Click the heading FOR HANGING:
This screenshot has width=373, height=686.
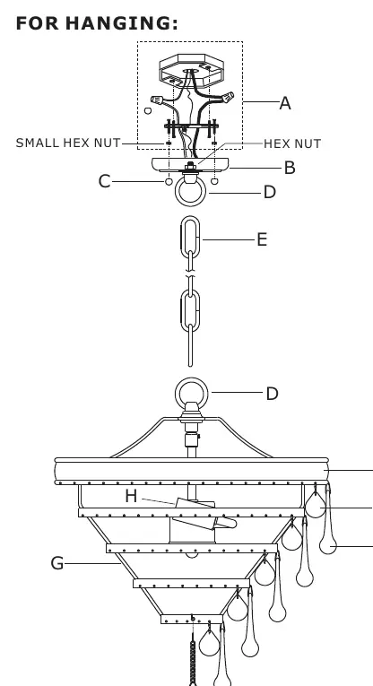pos(97,23)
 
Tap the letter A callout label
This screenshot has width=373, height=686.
pos(284,103)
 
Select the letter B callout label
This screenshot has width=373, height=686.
pos(290,168)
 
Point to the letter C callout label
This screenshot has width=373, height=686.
pos(104,181)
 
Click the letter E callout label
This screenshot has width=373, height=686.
pos(262,239)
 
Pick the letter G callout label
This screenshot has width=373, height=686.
pos(56,563)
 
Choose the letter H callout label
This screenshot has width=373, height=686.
pos(131,496)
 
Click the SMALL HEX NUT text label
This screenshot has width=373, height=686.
pos(68,143)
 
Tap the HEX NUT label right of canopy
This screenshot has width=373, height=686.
pos(292,144)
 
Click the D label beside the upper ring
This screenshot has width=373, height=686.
pos(270,192)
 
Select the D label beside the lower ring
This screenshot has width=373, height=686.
pos(272,394)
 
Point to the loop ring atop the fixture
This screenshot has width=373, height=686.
pos(191,379)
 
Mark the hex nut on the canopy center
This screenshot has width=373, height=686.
pos(190,166)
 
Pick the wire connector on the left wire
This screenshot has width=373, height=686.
pos(158,100)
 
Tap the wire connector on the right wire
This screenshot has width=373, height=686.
pos(227,97)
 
